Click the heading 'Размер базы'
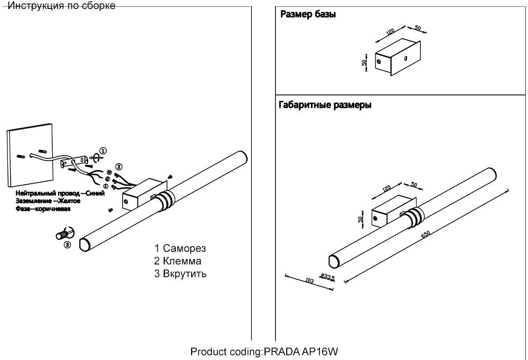point(308,14)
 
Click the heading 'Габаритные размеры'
point(325,105)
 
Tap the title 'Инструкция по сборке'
point(62,6)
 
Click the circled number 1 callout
point(103,150)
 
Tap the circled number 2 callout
point(119,167)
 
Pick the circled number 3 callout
point(67,244)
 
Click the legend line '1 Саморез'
point(180,248)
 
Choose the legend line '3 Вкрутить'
point(180,274)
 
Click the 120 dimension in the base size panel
point(390,32)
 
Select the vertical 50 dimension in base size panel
point(364,62)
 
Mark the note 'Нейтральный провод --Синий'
point(60,193)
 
